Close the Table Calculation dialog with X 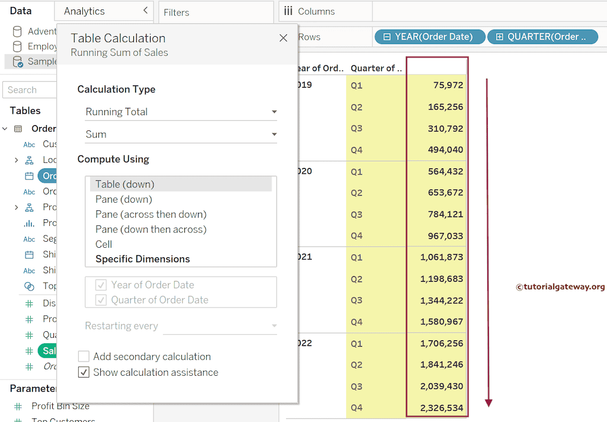(x=283, y=38)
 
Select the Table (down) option (x=125, y=184)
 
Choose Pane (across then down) (x=151, y=214)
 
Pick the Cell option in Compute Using (x=104, y=244)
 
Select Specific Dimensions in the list (x=142, y=259)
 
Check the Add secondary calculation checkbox (x=84, y=357)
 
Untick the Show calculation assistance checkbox (x=84, y=373)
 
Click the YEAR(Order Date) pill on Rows (x=430, y=37)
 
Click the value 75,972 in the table (x=448, y=85)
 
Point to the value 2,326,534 (x=441, y=408)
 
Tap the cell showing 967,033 (x=445, y=236)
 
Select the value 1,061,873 (x=441, y=257)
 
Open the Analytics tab (x=84, y=11)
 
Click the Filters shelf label (x=177, y=12)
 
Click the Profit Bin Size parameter (x=60, y=406)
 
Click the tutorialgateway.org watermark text (x=560, y=287)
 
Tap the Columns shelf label (x=316, y=11)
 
